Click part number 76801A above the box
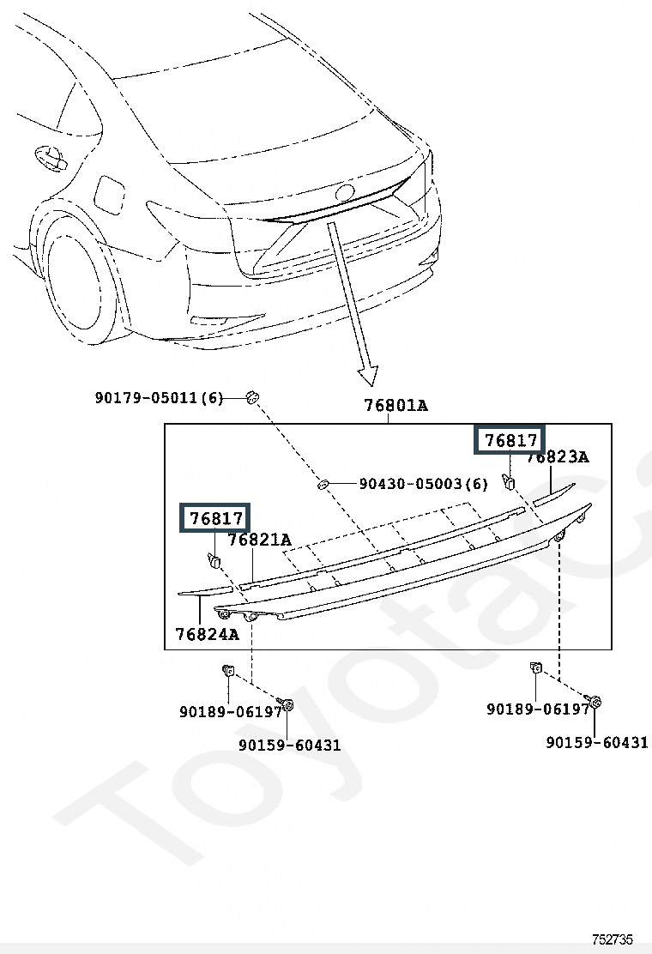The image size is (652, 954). (x=396, y=405)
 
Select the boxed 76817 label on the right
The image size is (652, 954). (x=510, y=440)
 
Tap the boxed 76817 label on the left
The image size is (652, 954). (x=214, y=518)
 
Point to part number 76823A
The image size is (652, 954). (x=558, y=457)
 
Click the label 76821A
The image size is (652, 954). (x=260, y=540)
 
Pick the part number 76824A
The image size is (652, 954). (x=208, y=634)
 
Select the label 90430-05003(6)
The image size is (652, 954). (x=423, y=484)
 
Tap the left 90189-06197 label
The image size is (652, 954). (x=231, y=711)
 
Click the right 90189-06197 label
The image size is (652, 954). (x=538, y=709)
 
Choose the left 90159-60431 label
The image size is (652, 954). (x=289, y=746)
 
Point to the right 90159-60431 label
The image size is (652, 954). (x=597, y=742)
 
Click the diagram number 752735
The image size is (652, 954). (x=613, y=940)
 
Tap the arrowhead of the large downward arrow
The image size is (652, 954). (x=367, y=376)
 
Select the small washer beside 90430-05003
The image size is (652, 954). (x=323, y=484)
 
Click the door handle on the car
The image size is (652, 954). (x=51, y=157)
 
